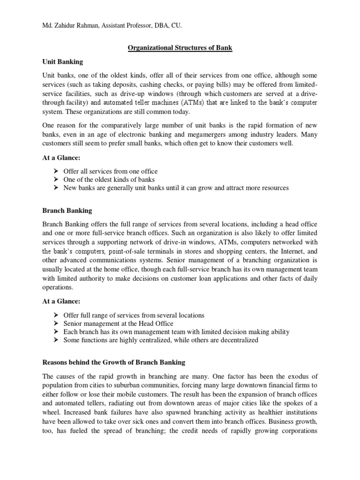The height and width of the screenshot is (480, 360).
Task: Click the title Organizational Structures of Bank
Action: coord(180,48)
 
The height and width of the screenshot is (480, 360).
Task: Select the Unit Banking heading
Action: coord(63,61)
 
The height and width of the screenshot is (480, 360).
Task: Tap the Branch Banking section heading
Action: coord(67,211)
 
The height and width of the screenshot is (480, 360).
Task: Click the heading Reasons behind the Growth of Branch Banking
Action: coord(114,362)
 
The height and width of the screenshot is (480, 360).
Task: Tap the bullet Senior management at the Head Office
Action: coord(118,323)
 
